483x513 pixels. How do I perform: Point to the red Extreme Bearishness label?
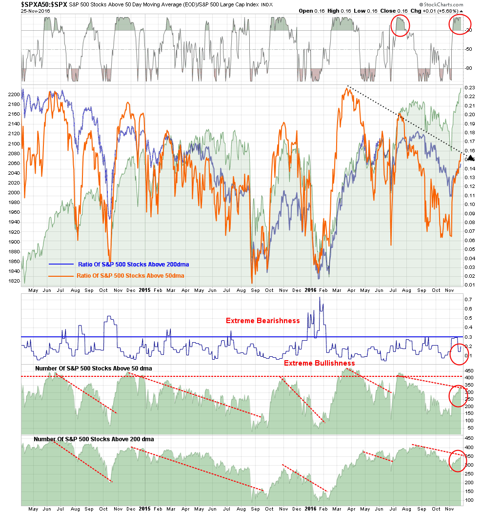[262, 321]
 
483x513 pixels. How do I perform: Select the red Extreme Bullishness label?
[319, 363]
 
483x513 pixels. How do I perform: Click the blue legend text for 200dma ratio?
[133, 264]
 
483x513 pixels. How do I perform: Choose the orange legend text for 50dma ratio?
[130, 276]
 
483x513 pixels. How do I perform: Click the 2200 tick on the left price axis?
[14, 95]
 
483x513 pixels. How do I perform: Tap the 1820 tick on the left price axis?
[14, 281]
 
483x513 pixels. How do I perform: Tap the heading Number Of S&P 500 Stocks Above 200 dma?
[94, 439]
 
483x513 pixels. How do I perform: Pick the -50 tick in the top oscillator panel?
[468, 49]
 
